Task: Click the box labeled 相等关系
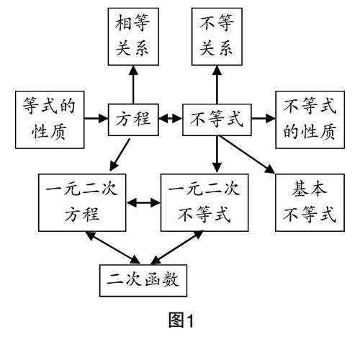tap(133, 37)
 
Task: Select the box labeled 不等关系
tap(217, 37)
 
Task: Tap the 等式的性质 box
tap(50, 120)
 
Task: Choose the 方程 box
tap(133, 120)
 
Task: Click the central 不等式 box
tap(217, 120)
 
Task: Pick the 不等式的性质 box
tap(310, 120)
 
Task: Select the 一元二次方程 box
tap(82, 203)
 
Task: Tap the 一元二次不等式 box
tap(204, 203)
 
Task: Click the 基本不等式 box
tap(310, 203)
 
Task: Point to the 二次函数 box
tap(143, 281)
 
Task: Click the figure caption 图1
tap(181, 320)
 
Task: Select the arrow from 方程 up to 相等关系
tap(133, 85)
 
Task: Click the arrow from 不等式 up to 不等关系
tap(217, 85)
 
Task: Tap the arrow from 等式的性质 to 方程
tap(96, 118)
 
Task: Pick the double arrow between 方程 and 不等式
tap(171, 118)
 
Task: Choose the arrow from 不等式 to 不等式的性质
tap(264, 118)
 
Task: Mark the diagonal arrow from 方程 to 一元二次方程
tap(120, 155)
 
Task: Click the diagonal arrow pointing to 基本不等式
tap(246, 154)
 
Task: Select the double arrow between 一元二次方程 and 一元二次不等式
tap(143, 203)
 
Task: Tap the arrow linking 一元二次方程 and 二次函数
tap(113, 248)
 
